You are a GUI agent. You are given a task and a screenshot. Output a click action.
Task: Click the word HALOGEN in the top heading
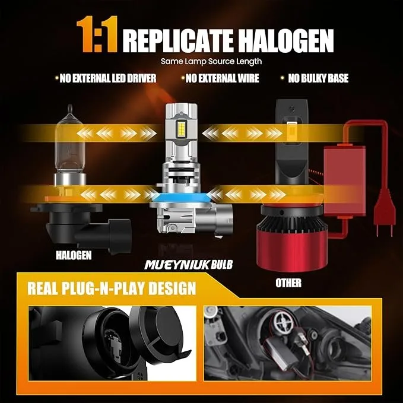pyautogui.click(x=290, y=39)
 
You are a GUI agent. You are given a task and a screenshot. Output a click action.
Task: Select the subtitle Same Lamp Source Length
pyautogui.click(x=202, y=61)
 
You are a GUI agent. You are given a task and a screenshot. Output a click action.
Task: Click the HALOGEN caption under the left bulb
pyautogui.click(x=73, y=255)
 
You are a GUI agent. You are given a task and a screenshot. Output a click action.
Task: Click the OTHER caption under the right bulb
pyautogui.click(x=288, y=283)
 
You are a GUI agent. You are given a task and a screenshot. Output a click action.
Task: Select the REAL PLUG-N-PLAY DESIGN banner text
pyautogui.click(x=112, y=289)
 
